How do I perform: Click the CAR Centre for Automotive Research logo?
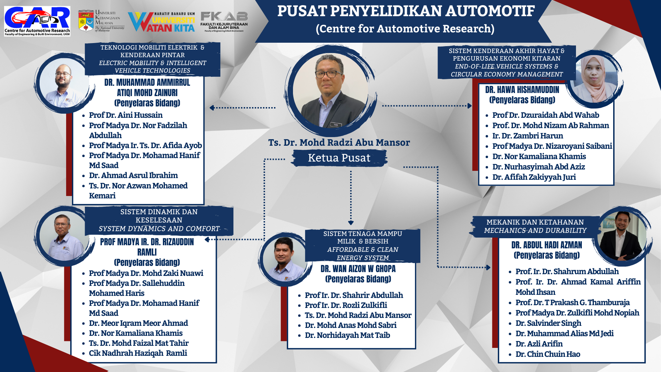[37, 21]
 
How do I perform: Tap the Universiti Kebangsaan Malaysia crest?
[86, 21]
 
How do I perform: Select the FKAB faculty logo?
[224, 21]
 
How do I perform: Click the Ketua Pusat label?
[339, 158]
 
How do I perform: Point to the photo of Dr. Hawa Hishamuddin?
[594, 79]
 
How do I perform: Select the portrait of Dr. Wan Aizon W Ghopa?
[284, 259]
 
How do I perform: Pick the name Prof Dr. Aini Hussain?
[126, 115]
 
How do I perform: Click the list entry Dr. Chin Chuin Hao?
[548, 354]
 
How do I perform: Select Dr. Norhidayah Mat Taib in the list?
[347, 335]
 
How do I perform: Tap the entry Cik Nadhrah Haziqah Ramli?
[138, 353]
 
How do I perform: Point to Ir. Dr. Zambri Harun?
[527, 136]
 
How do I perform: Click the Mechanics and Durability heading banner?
[535, 226]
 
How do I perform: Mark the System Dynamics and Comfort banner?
[159, 220]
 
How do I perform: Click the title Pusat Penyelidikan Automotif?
[406, 11]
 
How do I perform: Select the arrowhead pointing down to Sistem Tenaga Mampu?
[351, 223]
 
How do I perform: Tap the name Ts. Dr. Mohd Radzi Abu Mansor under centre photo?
[339, 143]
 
